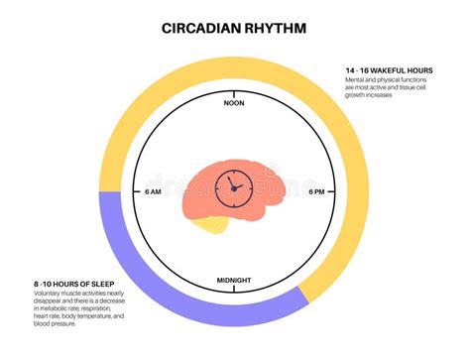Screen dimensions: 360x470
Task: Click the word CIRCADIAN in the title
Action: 200,30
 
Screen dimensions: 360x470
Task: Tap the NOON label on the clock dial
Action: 235,103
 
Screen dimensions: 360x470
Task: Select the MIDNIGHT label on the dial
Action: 235,282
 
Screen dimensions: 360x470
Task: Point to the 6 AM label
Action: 155,192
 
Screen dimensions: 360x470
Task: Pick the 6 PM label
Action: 316,192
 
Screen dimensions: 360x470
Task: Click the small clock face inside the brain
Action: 236,183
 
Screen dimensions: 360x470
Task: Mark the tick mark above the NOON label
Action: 235,93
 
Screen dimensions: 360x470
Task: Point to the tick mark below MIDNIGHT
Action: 235,292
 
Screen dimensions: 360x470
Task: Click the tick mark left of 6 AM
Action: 139,192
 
